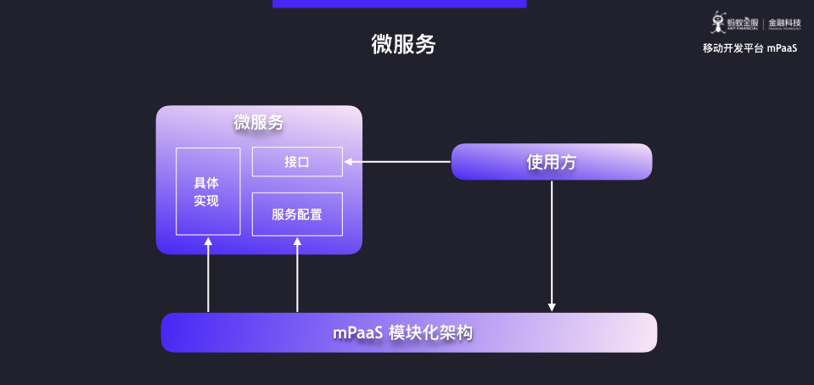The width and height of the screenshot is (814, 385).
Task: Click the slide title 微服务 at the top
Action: click(403, 45)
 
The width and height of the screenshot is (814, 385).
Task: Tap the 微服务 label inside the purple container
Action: click(259, 122)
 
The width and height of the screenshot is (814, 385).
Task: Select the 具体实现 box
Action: click(207, 192)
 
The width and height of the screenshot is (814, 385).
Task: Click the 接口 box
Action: click(297, 162)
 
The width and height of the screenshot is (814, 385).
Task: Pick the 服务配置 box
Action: click(297, 215)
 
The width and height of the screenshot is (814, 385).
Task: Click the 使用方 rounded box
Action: click(551, 162)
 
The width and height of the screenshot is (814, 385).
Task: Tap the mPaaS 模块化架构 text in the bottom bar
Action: click(402, 332)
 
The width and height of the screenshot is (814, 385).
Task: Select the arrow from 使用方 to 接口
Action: click(397, 162)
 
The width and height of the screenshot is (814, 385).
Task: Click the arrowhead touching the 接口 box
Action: click(348, 162)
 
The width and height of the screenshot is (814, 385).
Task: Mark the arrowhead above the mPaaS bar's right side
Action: click(552, 307)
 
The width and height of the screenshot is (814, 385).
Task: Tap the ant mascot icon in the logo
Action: click(718, 22)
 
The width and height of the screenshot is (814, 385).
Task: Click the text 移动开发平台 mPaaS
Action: click(749, 48)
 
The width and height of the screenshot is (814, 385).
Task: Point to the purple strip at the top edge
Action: click(399, 3)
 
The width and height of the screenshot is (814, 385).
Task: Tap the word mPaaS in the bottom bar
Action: click(356, 332)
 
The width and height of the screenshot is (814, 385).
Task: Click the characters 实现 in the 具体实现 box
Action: click(207, 201)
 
